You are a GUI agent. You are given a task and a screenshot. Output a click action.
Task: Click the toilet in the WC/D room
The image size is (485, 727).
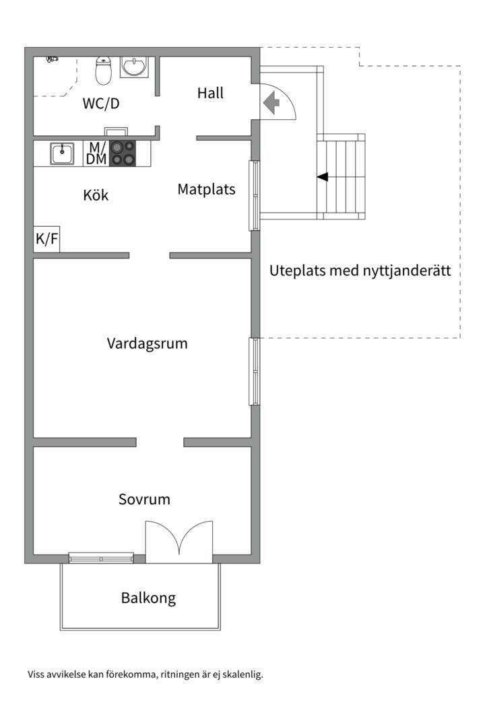[x=103, y=71]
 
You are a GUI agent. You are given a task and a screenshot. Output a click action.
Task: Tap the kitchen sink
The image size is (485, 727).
[x=63, y=153]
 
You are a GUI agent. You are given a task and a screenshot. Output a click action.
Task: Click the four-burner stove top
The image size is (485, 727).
[x=122, y=153]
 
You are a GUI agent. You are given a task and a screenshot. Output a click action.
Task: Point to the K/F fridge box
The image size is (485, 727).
[x=46, y=239]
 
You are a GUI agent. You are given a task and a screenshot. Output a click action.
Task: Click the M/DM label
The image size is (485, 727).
[x=97, y=153]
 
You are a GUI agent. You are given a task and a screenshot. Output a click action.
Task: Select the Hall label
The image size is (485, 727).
[x=210, y=93]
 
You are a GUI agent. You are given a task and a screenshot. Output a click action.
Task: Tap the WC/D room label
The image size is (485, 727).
[x=101, y=104]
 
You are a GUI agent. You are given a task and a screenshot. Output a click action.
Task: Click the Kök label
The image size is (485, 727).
[x=96, y=196]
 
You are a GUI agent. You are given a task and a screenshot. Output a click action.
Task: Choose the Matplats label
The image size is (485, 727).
[x=206, y=189]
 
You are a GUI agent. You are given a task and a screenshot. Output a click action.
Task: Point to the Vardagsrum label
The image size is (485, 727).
[x=147, y=343]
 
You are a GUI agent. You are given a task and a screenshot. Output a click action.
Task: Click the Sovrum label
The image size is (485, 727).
[x=144, y=499]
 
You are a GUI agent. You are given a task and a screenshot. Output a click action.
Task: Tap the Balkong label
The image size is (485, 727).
[x=148, y=598]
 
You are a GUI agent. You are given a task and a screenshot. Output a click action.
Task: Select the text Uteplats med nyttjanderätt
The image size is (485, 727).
[x=360, y=271]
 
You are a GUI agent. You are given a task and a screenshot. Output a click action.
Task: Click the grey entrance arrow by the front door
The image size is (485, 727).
[x=271, y=103]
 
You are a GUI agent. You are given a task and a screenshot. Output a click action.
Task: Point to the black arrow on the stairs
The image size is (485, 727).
[x=323, y=177]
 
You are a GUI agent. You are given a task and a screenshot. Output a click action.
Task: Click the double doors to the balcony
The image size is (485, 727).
[x=179, y=543]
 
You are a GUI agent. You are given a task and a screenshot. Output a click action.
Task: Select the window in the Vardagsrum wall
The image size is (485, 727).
[x=255, y=372]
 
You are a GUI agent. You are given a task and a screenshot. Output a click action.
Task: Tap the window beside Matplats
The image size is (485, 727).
[x=255, y=195]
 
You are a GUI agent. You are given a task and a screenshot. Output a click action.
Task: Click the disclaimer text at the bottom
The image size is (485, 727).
[x=145, y=674]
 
